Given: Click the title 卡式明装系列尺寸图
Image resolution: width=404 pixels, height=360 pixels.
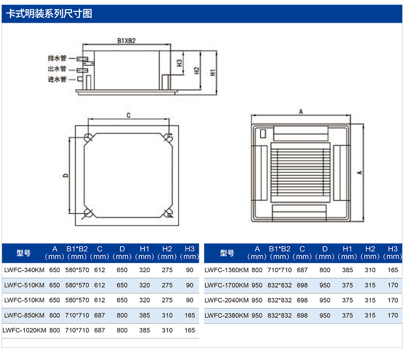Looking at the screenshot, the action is pos(49,14).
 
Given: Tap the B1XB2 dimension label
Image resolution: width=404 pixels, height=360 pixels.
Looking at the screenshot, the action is pos(126,41).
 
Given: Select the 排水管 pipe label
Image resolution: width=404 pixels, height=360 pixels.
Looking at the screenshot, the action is pos(57,58).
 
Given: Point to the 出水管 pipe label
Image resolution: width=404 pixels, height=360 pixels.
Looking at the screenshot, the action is pos(57,69).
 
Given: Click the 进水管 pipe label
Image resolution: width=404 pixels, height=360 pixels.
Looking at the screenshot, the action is pos(57,79).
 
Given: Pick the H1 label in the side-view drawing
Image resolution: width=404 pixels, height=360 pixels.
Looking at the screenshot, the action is pos(212,73).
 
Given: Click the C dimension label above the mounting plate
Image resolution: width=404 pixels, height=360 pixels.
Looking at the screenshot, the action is pos(128,115).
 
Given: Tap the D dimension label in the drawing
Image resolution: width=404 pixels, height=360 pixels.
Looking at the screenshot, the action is pos(66,175).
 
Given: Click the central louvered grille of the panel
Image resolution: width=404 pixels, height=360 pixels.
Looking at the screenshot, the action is pos(300,173).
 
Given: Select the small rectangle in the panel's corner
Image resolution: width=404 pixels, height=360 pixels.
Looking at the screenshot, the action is pos(263,133).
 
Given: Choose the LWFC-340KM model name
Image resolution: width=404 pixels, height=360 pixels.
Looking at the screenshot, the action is pos(24,270).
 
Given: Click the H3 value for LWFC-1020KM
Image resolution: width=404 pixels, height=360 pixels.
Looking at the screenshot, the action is pos(190,330).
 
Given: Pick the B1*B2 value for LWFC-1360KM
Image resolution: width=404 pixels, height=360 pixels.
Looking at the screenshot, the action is pos(280,270).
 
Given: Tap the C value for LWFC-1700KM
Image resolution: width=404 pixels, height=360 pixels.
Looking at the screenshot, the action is pos(302,285).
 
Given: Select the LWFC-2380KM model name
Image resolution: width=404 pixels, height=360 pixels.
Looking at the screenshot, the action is pos(226,315).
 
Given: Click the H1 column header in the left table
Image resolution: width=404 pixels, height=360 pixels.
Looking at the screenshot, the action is pos(144,253).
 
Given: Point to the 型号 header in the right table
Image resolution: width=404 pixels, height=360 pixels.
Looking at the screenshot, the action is pos(227,253).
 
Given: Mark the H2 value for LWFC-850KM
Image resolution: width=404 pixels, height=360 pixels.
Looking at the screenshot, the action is pos(167,315).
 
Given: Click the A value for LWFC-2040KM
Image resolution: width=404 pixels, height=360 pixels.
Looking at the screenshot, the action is pos(257,300).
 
